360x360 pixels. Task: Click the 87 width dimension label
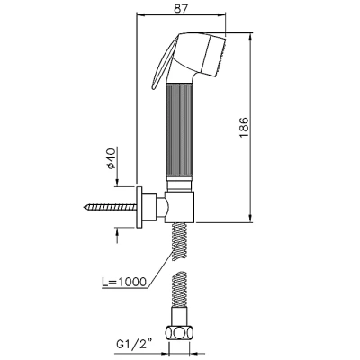click(181, 9)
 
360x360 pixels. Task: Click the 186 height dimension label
click(244, 128)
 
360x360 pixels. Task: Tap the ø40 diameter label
click(111, 158)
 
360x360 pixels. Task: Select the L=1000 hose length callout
click(124, 282)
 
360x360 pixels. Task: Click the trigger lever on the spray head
click(163, 65)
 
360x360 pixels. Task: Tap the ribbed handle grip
click(180, 131)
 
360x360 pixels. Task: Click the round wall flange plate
click(139, 207)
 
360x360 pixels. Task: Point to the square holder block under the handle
click(180, 207)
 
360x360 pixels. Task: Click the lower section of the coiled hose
click(179, 287)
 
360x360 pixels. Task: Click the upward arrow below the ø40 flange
click(117, 235)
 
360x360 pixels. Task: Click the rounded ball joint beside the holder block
click(166, 207)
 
